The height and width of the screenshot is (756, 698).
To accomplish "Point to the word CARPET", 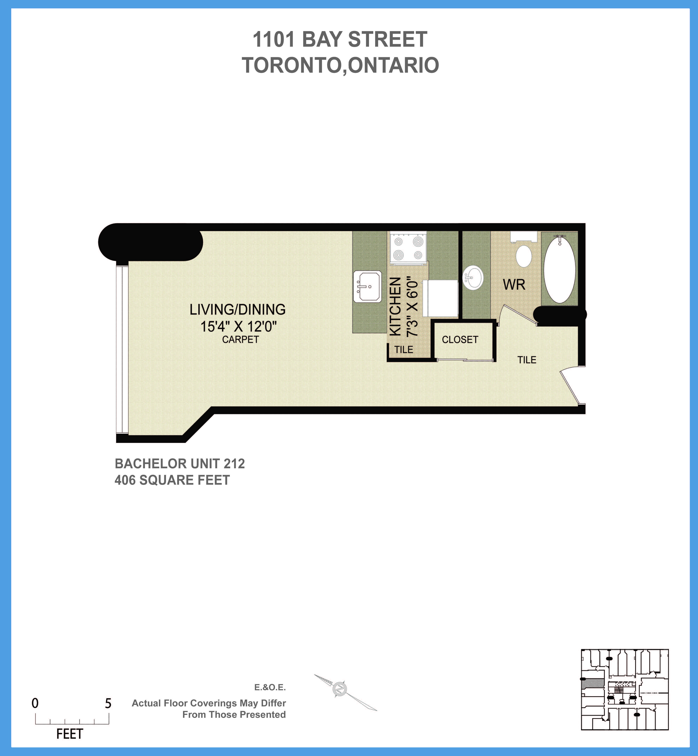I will coord(240,340).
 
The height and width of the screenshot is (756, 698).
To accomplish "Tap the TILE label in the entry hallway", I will coord(527,360).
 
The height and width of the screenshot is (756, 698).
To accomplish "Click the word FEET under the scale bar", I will coord(69,734).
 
